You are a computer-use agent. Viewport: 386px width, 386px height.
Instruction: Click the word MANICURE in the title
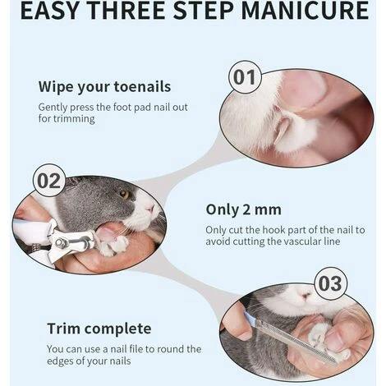click(306, 10)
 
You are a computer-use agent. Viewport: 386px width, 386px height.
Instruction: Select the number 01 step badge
click(245, 77)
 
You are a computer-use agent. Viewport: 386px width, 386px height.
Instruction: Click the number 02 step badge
click(49, 181)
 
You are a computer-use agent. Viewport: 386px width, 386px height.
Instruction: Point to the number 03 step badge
click(330, 283)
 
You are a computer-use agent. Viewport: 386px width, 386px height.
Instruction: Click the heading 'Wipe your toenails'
click(104, 87)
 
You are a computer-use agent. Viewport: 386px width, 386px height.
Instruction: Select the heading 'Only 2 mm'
click(243, 210)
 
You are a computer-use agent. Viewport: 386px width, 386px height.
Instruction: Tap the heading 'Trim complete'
click(99, 329)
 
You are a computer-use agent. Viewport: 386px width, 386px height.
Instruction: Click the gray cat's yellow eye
click(124, 194)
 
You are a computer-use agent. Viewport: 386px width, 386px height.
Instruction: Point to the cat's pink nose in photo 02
click(150, 209)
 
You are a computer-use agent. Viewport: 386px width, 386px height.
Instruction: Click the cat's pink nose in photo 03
click(306, 296)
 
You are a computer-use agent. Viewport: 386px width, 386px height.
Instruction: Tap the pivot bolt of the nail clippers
click(60, 243)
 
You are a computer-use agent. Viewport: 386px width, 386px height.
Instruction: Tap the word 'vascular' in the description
click(298, 241)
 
